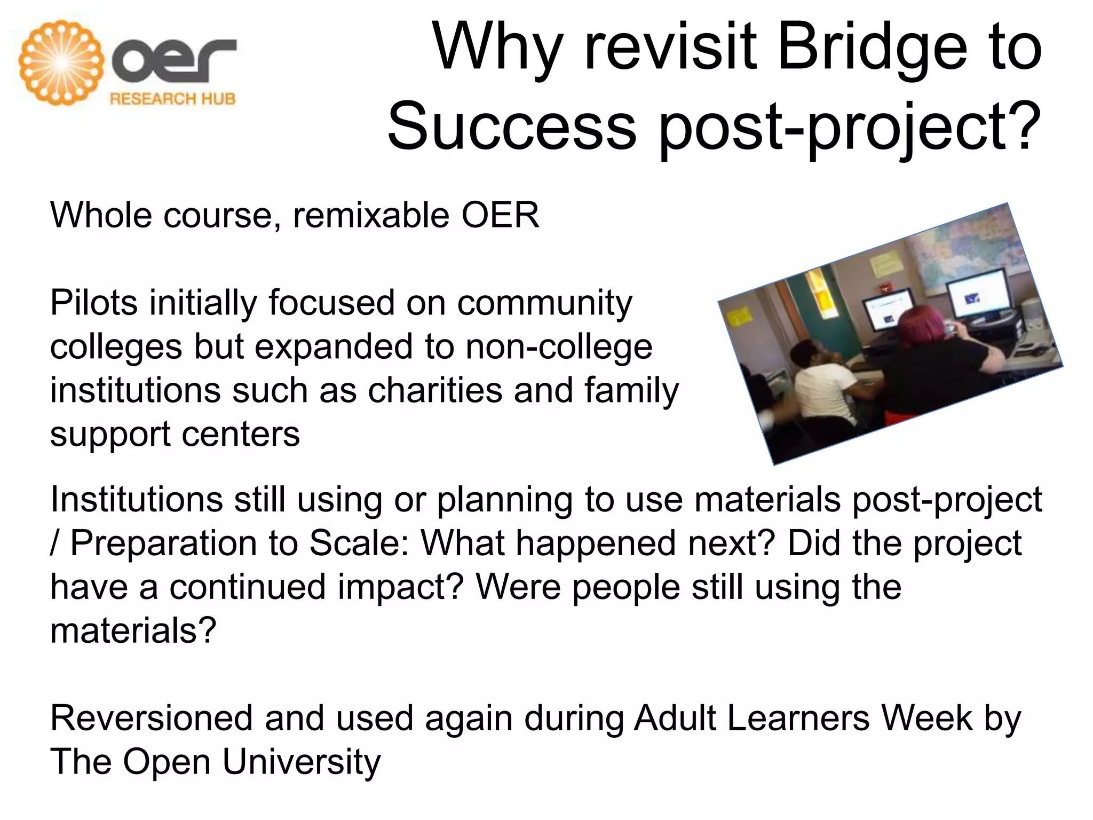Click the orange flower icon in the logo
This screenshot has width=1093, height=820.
click(61, 62)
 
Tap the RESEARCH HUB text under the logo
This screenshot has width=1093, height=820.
click(172, 99)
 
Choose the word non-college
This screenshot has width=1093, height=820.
click(559, 347)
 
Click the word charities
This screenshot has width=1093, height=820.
click(435, 390)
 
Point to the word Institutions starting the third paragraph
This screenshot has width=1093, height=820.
click(137, 500)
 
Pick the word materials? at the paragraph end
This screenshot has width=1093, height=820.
click(133, 631)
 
